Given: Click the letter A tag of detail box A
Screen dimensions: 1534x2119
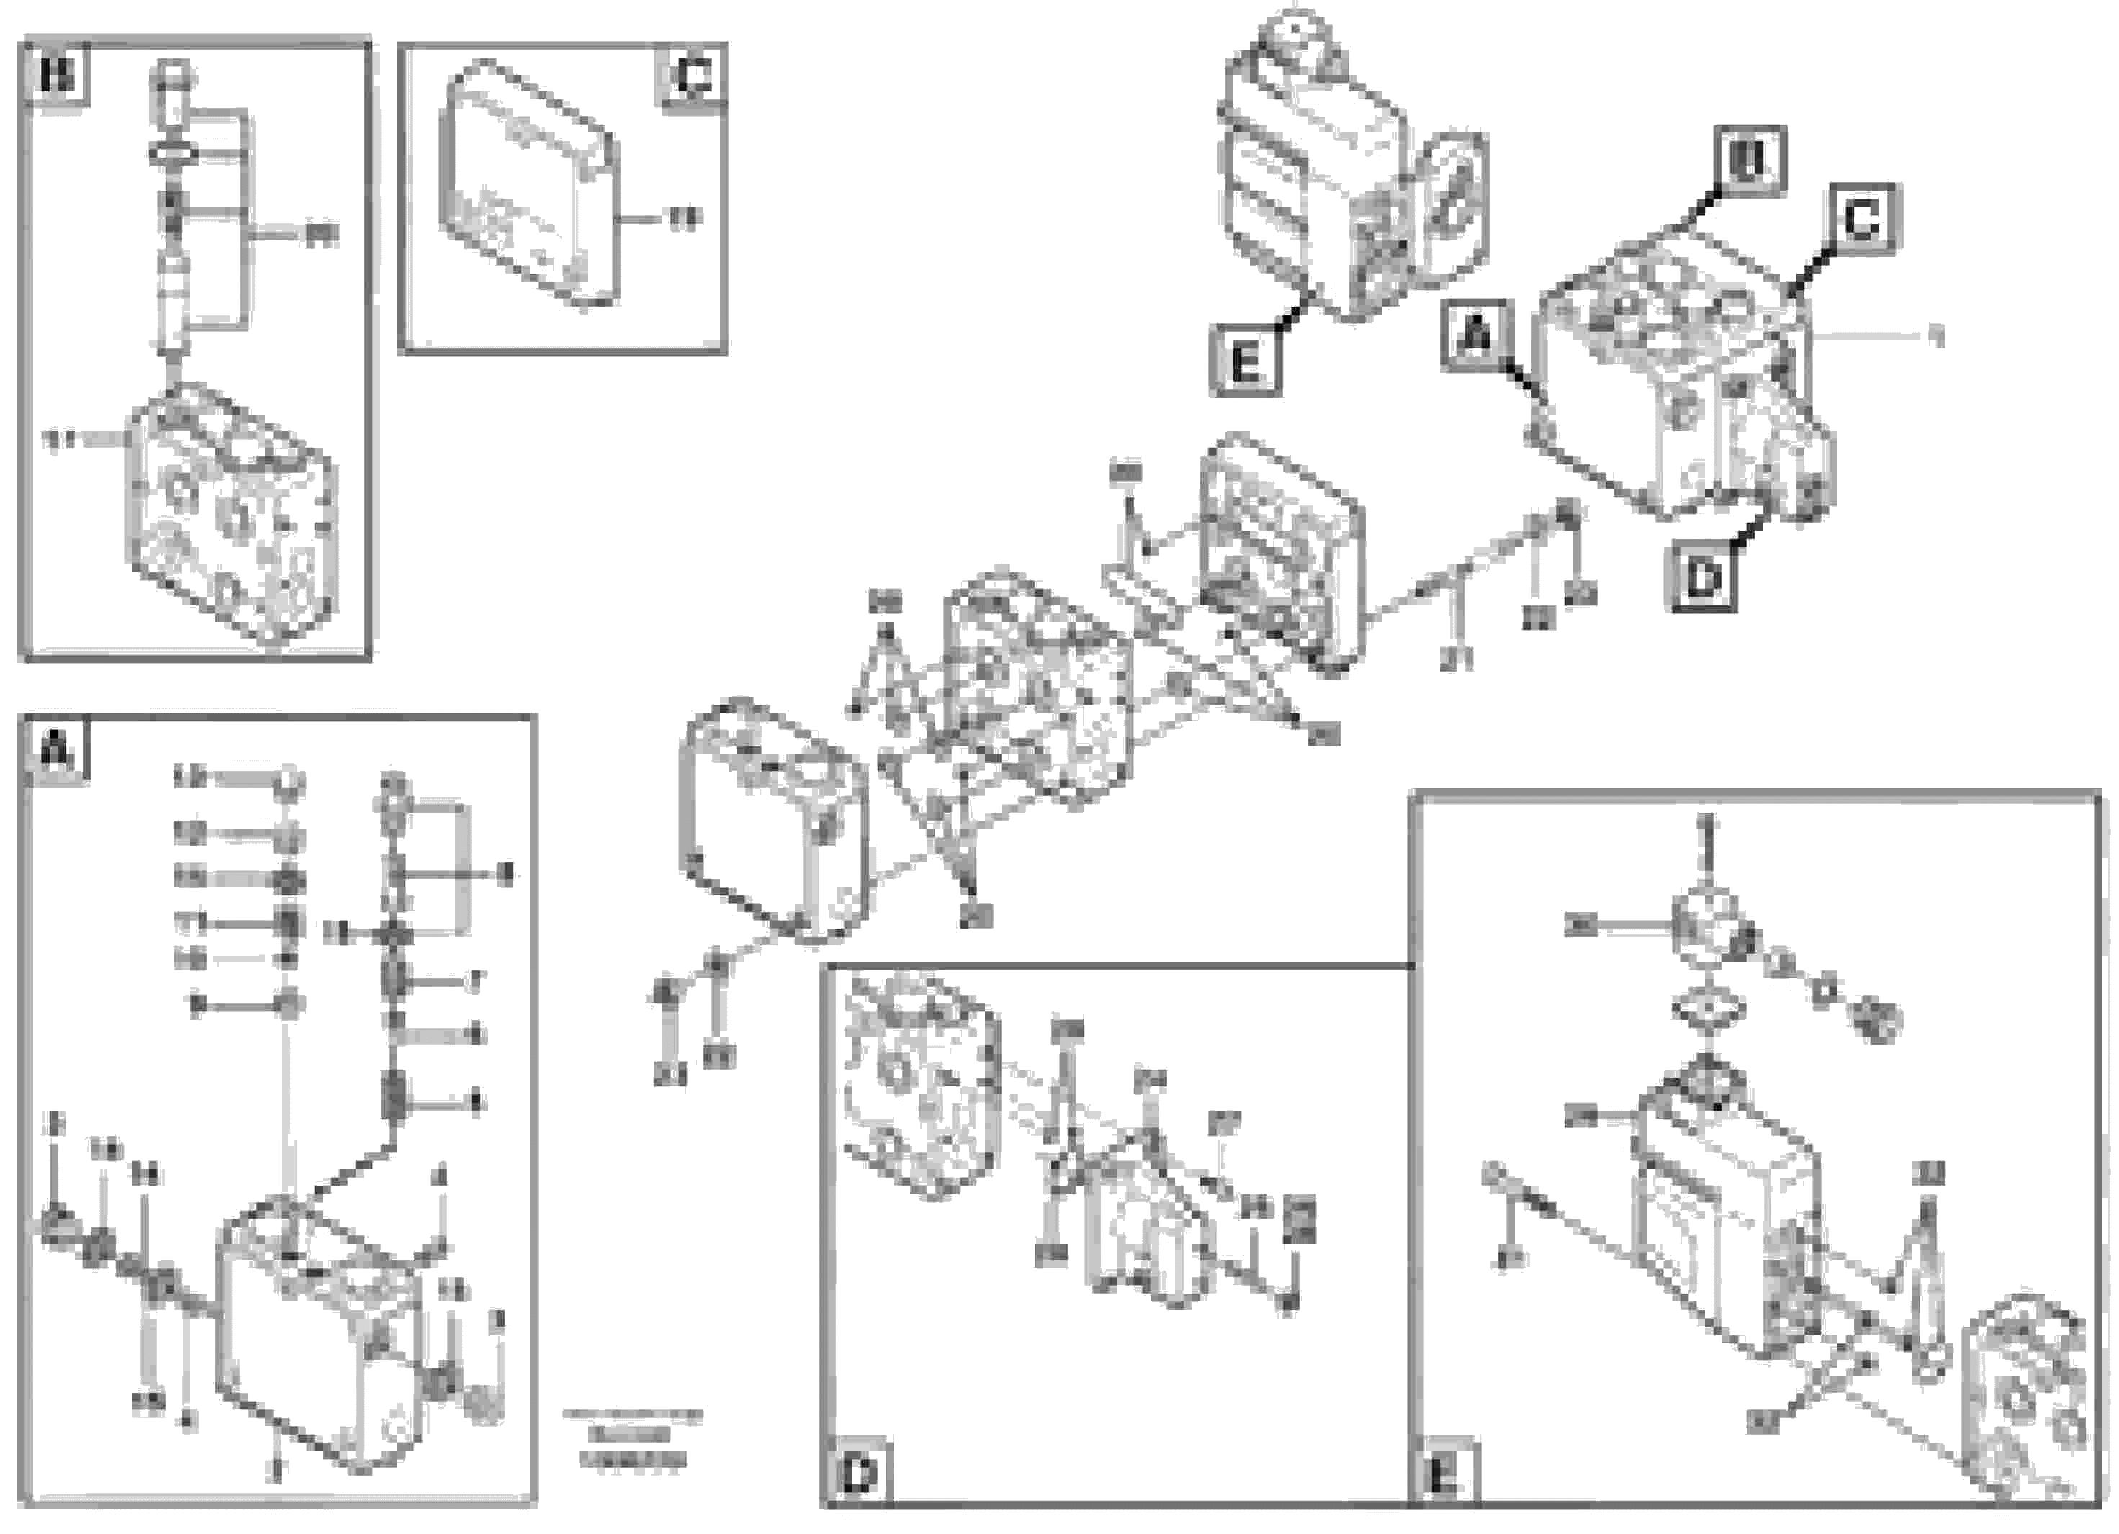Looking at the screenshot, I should click(x=56, y=749).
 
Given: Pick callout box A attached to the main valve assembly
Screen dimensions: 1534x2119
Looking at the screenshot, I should click(x=1477, y=335).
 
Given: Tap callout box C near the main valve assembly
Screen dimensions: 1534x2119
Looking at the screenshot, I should click(x=1861, y=220).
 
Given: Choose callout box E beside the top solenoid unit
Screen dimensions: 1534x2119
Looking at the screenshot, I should click(x=1246, y=360).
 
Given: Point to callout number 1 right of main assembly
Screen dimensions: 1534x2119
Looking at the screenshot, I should click(x=1938, y=335).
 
